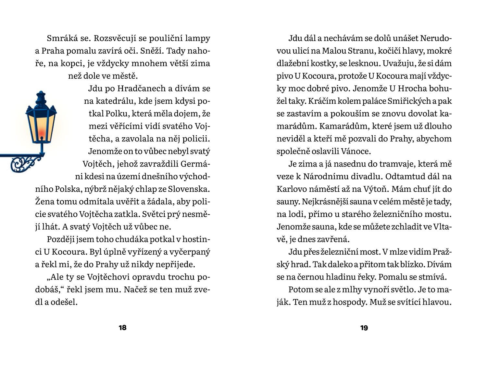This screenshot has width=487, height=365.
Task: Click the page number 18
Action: click(122, 328)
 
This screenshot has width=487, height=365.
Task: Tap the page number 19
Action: click(364, 328)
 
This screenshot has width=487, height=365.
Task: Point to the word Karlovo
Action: click(289, 189)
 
